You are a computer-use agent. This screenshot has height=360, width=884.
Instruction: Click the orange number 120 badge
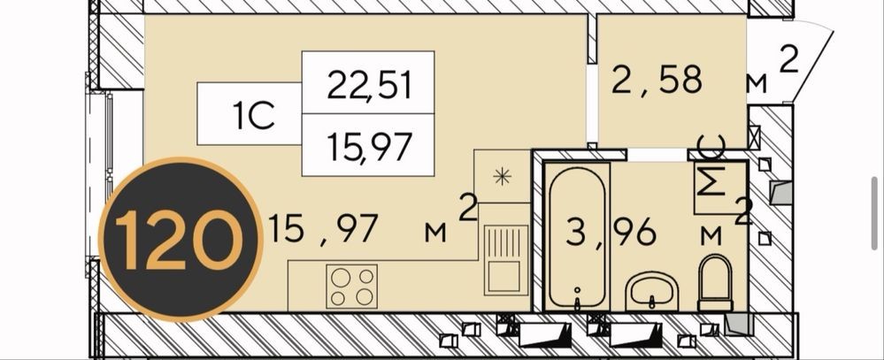pyautogui.click(x=181, y=240)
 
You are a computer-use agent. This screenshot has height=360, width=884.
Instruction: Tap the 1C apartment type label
pyautogui.click(x=254, y=116)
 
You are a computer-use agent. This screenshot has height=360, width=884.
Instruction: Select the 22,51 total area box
pyautogui.click(x=368, y=83)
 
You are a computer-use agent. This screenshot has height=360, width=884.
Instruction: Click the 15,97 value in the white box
pyautogui.click(x=368, y=145)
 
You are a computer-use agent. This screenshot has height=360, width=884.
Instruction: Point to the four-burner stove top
pyautogui.click(x=352, y=287)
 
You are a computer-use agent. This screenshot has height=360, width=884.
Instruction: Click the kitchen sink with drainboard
pyautogui.click(x=505, y=260)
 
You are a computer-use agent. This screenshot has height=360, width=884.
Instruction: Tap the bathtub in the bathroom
pyautogui.click(x=577, y=237)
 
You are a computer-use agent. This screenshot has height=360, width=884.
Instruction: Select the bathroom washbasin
pyautogui.click(x=652, y=290)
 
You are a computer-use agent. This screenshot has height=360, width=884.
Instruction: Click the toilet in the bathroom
pyautogui.click(x=715, y=282)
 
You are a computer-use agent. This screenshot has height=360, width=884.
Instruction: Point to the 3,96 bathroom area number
pyautogui.click(x=611, y=232)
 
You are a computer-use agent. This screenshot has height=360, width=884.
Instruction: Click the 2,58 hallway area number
pyautogui.click(x=657, y=80)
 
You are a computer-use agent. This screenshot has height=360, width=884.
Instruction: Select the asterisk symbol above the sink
pyautogui.click(x=501, y=176)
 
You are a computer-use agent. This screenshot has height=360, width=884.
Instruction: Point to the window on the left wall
pyautogui.click(x=99, y=174)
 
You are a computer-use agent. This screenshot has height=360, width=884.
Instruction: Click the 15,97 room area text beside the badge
pyautogui.click(x=322, y=229)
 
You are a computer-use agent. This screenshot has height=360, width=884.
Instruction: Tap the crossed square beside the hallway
pyautogui.click(x=754, y=136)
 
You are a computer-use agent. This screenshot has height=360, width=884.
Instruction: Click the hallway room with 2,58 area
pyautogui.click(x=672, y=81)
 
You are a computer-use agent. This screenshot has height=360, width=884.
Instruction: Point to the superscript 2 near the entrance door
pyautogui.click(x=789, y=60)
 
